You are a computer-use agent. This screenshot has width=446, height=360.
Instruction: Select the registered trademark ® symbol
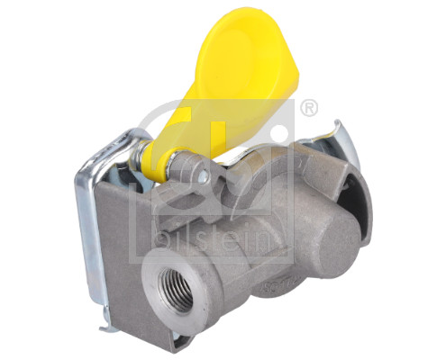[309, 108]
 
